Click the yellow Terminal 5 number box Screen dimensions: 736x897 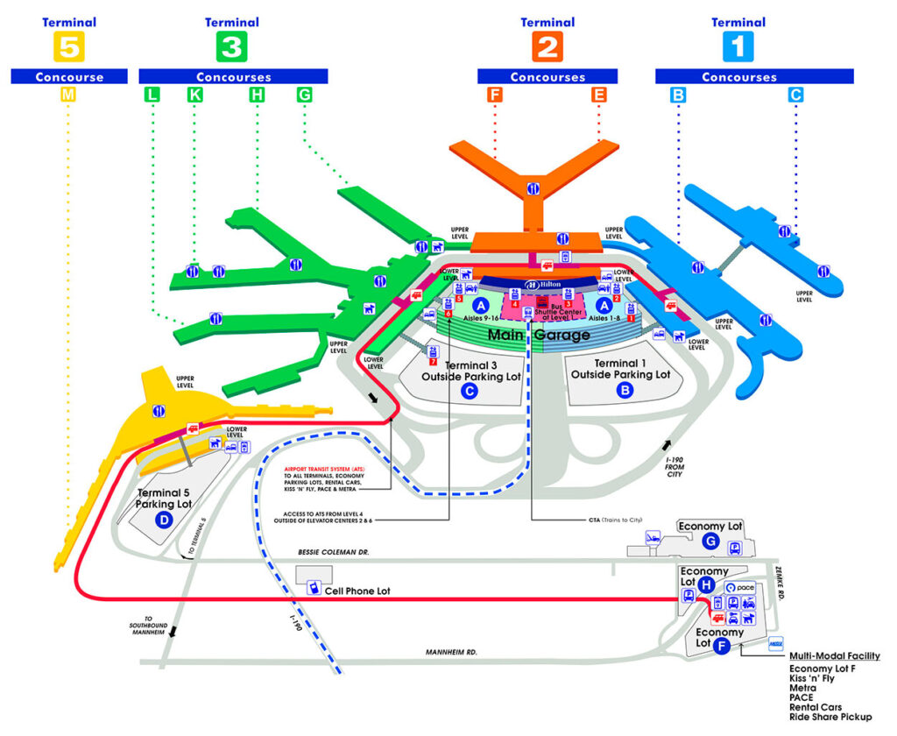click(x=69, y=47)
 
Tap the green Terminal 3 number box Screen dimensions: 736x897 click(x=231, y=47)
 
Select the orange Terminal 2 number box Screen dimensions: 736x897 click(x=547, y=47)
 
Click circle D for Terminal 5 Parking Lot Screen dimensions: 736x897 click(x=163, y=520)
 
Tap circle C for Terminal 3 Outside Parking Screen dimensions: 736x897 click(x=470, y=392)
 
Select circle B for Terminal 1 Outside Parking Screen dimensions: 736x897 click(x=625, y=391)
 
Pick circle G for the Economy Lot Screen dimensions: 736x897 click(x=710, y=541)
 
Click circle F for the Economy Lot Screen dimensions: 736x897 click(x=721, y=647)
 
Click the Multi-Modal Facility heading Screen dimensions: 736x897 click(x=834, y=656)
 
